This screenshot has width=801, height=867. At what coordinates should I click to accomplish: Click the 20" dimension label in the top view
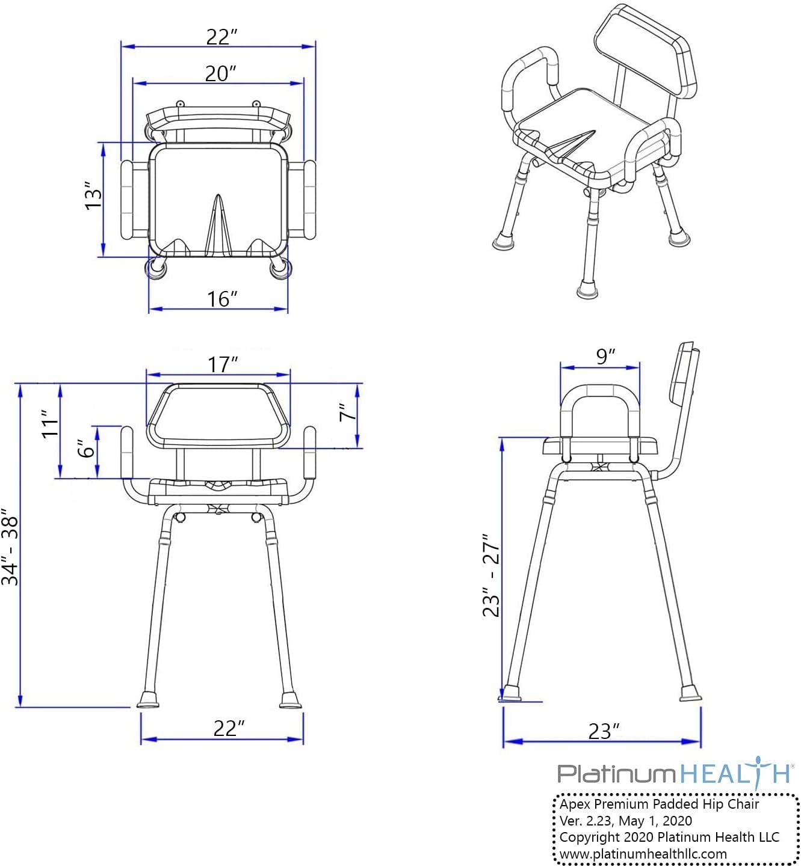(220, 73)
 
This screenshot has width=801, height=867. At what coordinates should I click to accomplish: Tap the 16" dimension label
(222, 298)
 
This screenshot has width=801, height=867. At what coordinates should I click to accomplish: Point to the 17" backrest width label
(223, 364)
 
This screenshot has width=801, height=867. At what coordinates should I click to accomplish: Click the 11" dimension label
(51, 424)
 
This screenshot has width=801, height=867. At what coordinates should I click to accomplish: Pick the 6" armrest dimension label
(88, 448)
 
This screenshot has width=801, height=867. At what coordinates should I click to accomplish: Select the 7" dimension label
(347, 413)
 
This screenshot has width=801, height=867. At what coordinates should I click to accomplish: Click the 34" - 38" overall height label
(11, 548)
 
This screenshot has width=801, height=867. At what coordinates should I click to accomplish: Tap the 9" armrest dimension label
(605, 356)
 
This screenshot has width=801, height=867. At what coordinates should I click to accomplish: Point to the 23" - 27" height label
(492, 575)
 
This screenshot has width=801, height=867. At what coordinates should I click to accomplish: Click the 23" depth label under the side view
(603, 731)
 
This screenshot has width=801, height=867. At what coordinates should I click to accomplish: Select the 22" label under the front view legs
(229, 728)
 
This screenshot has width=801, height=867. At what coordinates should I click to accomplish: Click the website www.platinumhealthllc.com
(643, 854)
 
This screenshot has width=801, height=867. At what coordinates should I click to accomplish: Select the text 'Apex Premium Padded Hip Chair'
(659, 804)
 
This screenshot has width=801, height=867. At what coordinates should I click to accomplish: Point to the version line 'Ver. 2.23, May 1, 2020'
(625, 821)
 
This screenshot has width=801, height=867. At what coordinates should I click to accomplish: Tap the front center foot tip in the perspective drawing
(587, 292)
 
